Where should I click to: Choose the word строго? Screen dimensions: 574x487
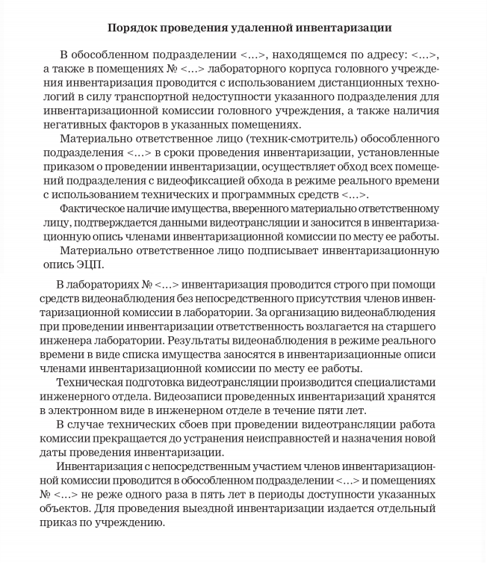pyautogui.click(x=376, y=286)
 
